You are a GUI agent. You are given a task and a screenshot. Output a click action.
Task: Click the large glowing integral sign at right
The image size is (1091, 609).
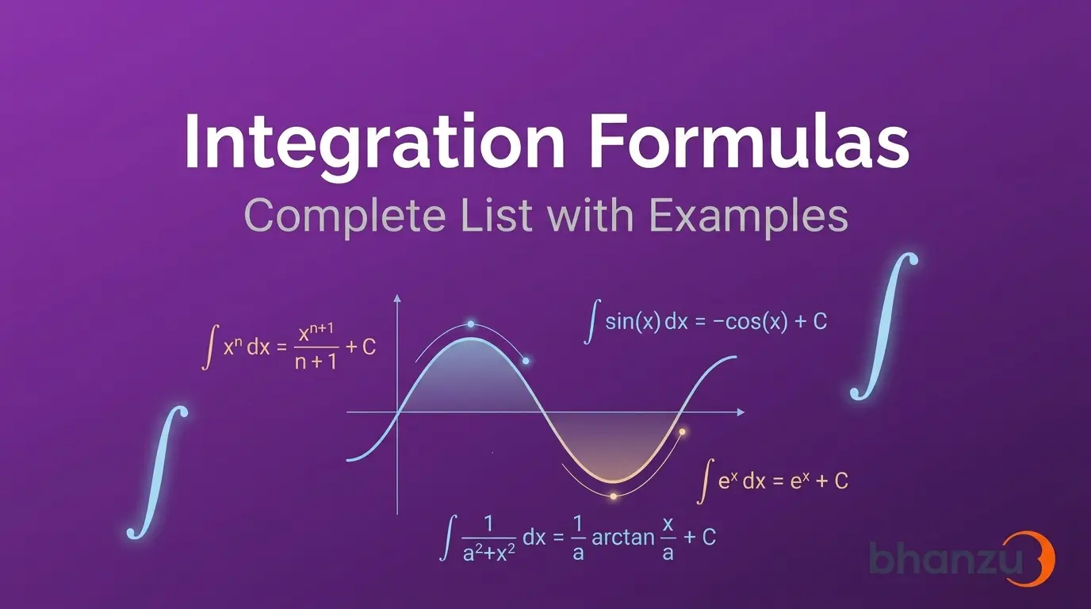pyautogui.click(x=883, y=327)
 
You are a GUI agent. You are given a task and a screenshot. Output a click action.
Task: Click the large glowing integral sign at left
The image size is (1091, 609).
pyautogui.click(x=157, y=472)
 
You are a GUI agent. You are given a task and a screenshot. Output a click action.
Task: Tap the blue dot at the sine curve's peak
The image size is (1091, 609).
pyautogui.click(x=470, y=324)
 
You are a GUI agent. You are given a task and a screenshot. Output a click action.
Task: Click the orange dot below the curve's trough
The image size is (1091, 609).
pyautogui.click(x=614, y=496)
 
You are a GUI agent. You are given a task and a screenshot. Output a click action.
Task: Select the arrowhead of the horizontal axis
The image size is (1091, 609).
pyautogui.click(x=741, y=412)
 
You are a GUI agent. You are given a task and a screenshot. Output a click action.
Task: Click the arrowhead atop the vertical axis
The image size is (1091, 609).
pyautogui.click(x=397, y=298)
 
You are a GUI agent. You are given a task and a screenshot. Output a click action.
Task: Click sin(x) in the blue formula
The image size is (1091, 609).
pyautogui.click(x=633, y=322)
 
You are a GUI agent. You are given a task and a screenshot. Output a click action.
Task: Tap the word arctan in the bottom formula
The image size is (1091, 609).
pyautogui.click(x=623, y=538)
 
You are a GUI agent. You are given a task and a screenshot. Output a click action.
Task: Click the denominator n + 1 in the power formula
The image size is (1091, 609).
pyautogui.click(x=316, y=362)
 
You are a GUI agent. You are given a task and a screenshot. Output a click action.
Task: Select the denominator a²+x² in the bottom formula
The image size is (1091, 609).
pyautogui.click(x=489, y=553)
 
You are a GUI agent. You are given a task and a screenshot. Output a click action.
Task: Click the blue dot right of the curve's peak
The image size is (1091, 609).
pyautogui.click(x=526, y=361)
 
